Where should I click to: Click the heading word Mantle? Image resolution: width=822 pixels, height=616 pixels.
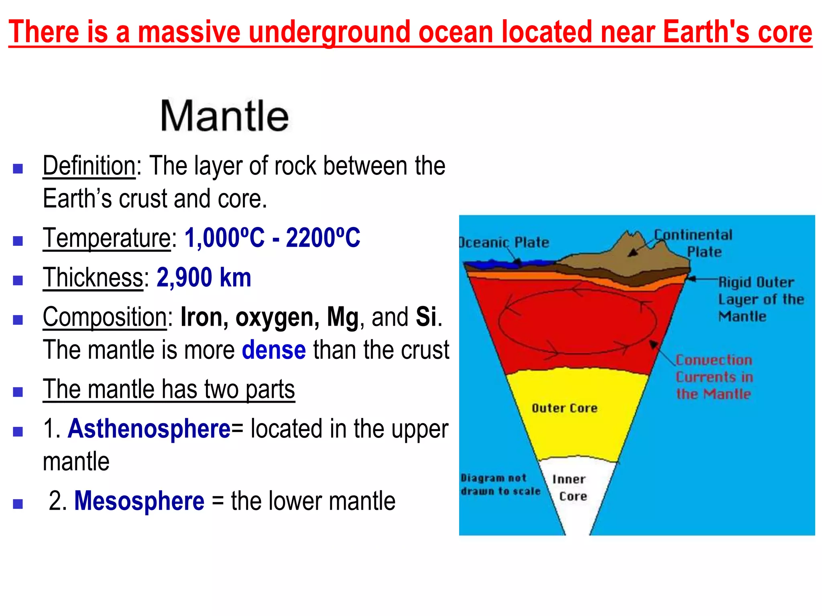coord(224,116)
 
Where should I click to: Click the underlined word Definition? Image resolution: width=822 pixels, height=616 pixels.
coord(89,166)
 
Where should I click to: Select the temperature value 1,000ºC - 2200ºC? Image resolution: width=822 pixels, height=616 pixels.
coord(272,238)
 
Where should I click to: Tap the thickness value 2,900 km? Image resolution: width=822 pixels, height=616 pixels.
coord(204,278)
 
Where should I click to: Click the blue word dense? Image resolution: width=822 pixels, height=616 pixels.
coord(274,350)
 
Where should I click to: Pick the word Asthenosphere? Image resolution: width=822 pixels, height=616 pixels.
coord(149,429)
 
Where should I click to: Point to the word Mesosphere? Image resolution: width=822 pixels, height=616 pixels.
coord(139,501)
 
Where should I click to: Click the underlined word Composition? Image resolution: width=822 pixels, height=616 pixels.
coord(105,317)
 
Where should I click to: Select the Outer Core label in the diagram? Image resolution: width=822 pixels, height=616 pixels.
coord(564,408)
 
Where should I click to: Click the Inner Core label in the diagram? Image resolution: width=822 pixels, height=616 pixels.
coord(570,488)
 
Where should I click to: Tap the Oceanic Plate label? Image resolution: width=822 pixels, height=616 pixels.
coord(505,243)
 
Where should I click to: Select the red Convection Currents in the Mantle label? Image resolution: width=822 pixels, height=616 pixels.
coord(714,377)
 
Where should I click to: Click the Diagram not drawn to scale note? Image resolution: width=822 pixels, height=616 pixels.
coord(500,484)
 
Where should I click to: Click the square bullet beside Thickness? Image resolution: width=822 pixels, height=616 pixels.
coord(18,280)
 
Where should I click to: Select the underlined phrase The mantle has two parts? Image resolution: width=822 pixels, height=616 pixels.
coord(169,389)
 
